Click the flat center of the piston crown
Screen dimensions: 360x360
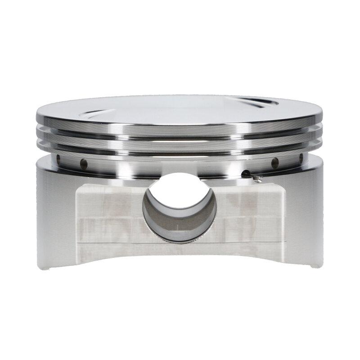[x=180, y=108]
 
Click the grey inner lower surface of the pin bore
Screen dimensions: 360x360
[x=180, y=229]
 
